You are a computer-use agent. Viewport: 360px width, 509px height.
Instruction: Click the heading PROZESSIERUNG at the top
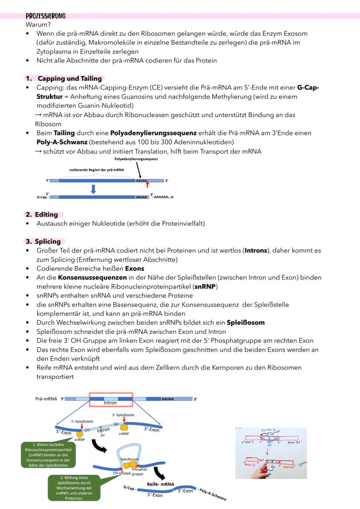coord(46,16)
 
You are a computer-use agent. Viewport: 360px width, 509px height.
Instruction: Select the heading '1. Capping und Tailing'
coord(64,79)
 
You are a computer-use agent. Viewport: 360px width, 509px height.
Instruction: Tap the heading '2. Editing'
coord(42,214)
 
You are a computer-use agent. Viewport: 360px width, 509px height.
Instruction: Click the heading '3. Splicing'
coord(43,241)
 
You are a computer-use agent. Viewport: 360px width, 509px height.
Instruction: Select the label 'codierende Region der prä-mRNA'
coord(96,170)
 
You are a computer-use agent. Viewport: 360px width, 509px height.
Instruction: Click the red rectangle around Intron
coord(111,399)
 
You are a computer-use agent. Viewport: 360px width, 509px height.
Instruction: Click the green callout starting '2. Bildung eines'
coord(73,486)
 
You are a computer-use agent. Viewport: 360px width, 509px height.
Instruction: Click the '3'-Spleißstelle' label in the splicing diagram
coord(123,415)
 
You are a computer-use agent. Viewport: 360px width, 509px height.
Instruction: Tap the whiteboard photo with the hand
coord(271,452)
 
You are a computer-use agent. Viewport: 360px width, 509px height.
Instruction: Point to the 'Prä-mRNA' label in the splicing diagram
coord(46,398)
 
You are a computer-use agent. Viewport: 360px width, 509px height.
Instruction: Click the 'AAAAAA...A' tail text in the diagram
coord(163,197)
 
